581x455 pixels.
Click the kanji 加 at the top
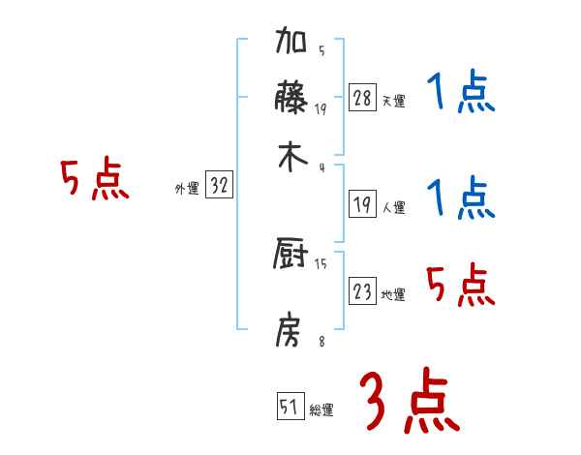tap(291, 44)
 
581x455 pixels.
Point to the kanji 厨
tap(291, 256)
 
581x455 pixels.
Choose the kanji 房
tap(291, 330)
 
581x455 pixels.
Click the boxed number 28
tap(362, 98)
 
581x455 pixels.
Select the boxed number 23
tap(362, 292)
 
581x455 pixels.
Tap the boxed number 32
tap(219, 187)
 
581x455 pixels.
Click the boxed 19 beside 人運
tap(362, 204)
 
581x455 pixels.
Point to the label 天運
tap(393, 101)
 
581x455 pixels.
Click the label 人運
tap(393, 207)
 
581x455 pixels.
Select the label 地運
tap(393, 295)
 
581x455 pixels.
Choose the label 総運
tap(321, 410)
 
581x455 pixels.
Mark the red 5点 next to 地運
tap(460, 286)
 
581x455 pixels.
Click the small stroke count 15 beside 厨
tap(321, 264)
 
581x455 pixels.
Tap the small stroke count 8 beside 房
tap(321, 340)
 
